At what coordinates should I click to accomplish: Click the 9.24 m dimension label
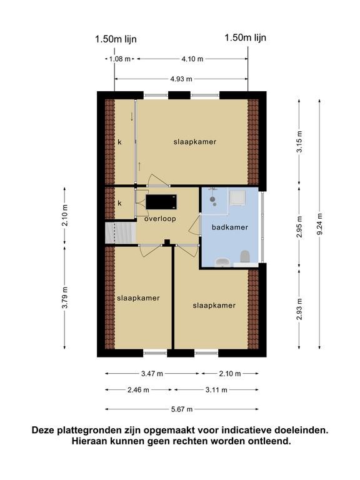(x=319, y=224)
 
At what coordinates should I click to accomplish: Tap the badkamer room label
(x=230, y=227)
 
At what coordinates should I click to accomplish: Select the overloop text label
(x=160, y=219)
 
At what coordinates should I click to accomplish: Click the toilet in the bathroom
(x=245, y=256)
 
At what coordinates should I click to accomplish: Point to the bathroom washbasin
(x=222, y=262)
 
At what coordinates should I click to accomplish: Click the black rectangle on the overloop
(x=161, y=202)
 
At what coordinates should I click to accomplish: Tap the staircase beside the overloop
(x=121, y=233)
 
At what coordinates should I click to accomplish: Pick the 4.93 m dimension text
(x=181, y=79)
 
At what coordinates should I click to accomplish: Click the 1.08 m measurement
(x=120, y=59)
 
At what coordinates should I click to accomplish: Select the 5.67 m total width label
(x=182, y=409)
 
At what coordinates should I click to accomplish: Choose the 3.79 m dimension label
(x=64, y=298)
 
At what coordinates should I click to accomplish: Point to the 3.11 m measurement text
(x=216, y=390)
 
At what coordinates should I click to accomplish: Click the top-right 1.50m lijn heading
(x=246, y=37)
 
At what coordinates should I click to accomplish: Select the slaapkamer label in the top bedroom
(x=195, y=142)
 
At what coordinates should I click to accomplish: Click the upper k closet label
(x=120, y=142)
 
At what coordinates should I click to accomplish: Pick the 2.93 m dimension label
(x=299, y=309)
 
